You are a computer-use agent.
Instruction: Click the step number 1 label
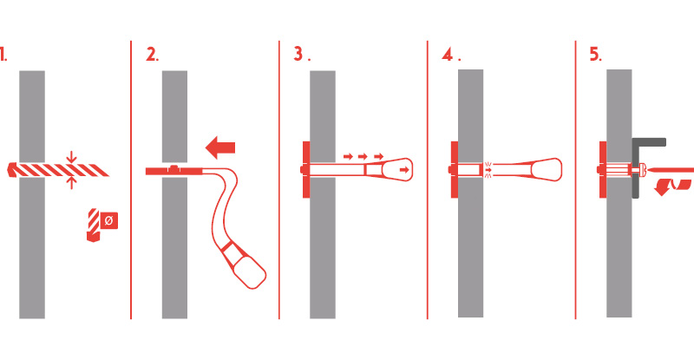3,54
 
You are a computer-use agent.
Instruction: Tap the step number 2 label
152,55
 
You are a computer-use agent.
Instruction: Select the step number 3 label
301,54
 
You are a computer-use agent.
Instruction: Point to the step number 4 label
450,55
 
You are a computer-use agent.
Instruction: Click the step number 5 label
595,55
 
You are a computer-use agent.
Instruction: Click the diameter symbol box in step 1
109,220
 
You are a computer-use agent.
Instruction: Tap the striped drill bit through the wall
58,170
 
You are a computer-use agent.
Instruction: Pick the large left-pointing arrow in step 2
220,147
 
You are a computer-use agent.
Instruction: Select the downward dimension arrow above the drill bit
72,157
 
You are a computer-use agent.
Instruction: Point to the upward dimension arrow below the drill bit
72,183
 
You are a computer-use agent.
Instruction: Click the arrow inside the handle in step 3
404,170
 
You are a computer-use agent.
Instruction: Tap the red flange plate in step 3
306,170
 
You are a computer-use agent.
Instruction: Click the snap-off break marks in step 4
488,170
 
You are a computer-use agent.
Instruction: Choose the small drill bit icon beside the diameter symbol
94,225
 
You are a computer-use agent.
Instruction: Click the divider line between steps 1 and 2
131,180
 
